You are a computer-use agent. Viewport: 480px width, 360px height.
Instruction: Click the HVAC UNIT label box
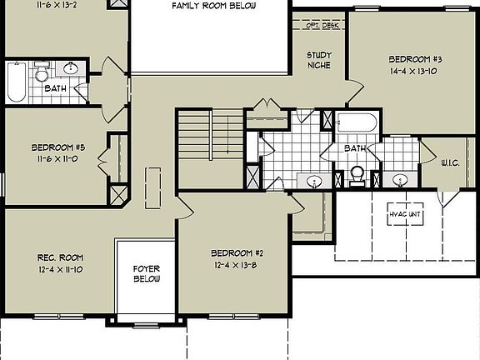tap(406, 215)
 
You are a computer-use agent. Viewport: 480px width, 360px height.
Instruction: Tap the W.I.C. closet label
tap(455, 163)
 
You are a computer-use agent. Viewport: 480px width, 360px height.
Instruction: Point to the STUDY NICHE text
tap(319, 61)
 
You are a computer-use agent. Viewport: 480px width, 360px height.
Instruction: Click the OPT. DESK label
tap(320, 25)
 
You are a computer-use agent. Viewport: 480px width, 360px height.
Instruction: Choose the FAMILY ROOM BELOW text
tap(213, 6)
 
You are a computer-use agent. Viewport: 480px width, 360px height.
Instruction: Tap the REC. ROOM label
tap(57, 257)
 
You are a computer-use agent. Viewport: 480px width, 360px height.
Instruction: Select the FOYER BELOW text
tap(147, 274)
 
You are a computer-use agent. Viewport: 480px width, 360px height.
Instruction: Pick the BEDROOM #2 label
tap(237, 253)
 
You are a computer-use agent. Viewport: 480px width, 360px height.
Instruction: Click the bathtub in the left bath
tap(16, 82)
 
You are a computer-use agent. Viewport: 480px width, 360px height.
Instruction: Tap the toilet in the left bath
tap(42, 75)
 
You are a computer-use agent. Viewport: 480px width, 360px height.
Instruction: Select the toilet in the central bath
tap(357, 174)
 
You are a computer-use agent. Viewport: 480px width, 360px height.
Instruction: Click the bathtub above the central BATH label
tap(357, 124)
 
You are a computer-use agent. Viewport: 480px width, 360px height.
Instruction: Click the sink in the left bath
tap(72, 69)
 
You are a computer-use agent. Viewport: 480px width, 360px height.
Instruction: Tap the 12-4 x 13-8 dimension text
tap(237, 265)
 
